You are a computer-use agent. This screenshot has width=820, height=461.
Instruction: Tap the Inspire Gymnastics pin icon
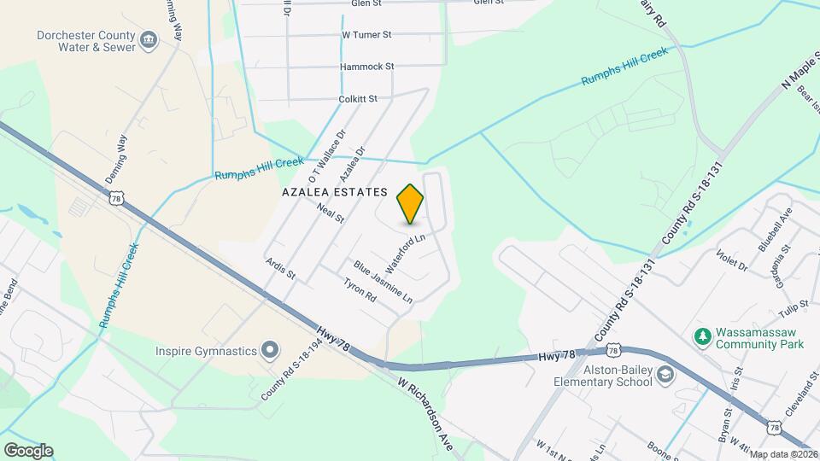click(270, 350)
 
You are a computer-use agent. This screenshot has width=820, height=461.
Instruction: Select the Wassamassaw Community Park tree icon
click(702, 337)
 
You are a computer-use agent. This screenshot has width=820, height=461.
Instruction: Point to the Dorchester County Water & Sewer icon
click(149, 41)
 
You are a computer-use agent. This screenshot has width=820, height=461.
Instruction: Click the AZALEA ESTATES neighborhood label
click(335, 193)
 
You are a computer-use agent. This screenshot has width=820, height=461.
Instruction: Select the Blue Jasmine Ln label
click(384, 283)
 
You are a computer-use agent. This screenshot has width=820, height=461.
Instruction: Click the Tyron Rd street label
click(360, 291)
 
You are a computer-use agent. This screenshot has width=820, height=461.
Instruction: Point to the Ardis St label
click(280, 270)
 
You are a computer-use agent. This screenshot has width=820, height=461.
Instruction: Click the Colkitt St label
click(358, 99)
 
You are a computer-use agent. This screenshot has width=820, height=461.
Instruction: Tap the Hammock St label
click(366, 67)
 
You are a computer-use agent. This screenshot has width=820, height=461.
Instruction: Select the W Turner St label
click(366, 35)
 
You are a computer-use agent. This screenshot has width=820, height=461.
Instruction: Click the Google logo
click(28, 451)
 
